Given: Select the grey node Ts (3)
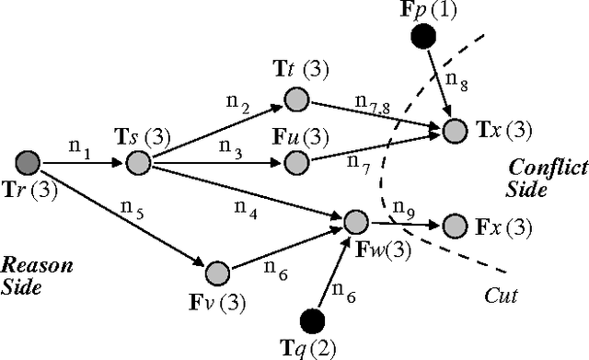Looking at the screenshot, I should pyautogui.click(x=137, y=164).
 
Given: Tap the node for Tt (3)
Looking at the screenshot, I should pyautogui.click(x=295, y=98).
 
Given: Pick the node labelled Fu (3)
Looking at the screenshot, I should pyautogui.click(x=295, y=163).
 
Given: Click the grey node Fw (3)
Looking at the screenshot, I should pyautogui.click(x=355, y=221).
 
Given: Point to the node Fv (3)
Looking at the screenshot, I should pyautogui.click(x=217, y=273).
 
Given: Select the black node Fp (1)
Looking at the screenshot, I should pyautogui.click(x=422, y=37).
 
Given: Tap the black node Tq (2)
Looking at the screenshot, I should pyautogui.click(x=314, y=319).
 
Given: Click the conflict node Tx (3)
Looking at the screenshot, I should pyautogui.click(x=454, y=131).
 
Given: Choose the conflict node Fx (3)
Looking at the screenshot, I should pyautogui.click(x=454, y=225).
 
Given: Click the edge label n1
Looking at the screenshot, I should pyautogui.click(x=80, y=145).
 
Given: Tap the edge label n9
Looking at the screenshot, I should pyautogui.click(x=402, y=205).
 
